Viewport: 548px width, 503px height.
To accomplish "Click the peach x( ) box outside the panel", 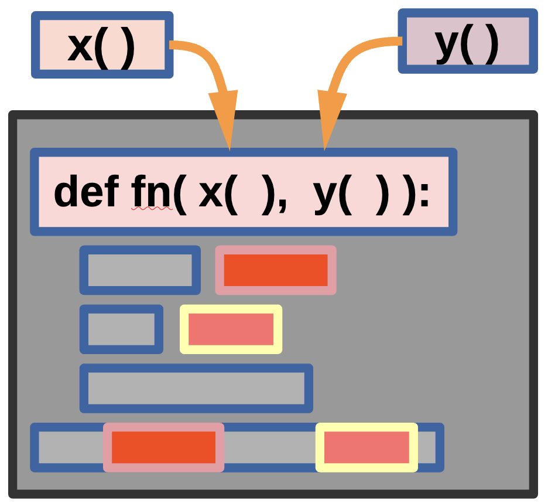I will point(102,45).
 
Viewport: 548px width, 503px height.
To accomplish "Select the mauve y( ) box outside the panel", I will point(467,41).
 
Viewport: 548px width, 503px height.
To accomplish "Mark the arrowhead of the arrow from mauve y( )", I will point(328,120).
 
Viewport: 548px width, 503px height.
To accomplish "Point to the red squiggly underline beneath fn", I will point(152,208).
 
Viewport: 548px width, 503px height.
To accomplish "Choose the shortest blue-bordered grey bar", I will point(121,329).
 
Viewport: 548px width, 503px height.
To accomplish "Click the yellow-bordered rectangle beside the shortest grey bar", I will point(231,329).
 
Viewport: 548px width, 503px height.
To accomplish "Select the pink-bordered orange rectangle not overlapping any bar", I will point(275,270).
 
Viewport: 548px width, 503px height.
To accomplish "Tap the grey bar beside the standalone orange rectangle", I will point(140,270).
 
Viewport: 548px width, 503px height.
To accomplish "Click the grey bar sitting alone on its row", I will point(196,388).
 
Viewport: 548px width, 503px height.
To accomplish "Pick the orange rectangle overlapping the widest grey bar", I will point(164,447).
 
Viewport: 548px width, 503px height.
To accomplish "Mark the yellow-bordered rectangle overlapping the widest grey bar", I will point(367,447).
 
